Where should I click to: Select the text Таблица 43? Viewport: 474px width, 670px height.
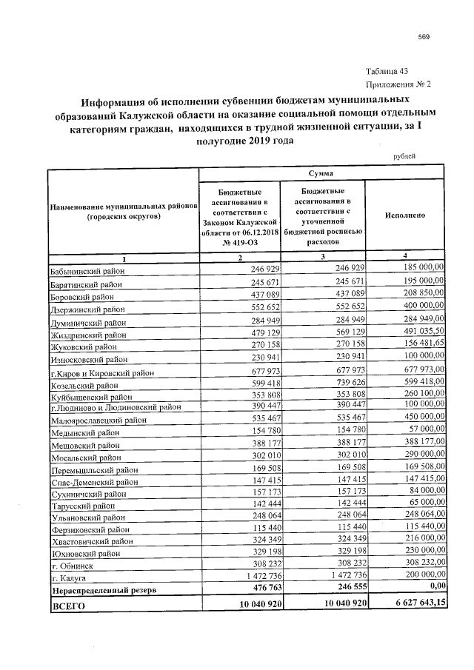pos(387,72)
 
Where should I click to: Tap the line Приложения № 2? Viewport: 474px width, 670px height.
pos(398,85)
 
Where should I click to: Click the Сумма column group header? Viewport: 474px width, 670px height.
pos(321,172)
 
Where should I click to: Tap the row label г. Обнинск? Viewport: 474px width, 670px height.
pos(71,563)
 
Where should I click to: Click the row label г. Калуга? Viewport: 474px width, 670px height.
pos(70,577)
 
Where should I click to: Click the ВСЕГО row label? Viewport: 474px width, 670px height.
pos(68,606)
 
